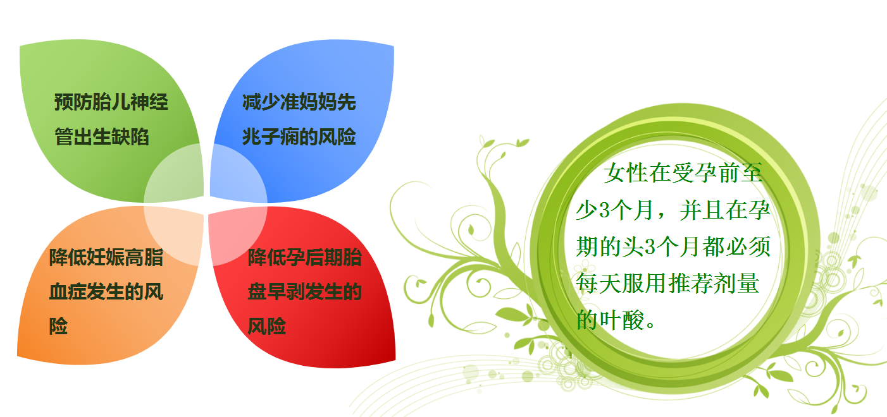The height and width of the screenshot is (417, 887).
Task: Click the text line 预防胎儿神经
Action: (x=111, y=102)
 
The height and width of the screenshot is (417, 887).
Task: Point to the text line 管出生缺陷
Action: (x=102, y=137)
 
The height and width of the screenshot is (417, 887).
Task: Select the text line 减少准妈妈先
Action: (x=299, y=102)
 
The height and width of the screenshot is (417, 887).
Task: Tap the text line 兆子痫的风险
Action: (x=299, y=137)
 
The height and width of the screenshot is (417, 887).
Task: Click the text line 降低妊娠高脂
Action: (x=106, y=257)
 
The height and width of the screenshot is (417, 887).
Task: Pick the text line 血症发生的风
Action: (x=106, y=292)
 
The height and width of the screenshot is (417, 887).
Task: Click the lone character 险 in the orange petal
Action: (x=58, y=327)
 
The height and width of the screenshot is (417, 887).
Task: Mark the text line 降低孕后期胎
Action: (x=304, y=257)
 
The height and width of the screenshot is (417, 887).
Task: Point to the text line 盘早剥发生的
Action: (x=304, y=292)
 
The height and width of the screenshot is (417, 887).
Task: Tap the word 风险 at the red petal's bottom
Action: (x=266, y=327)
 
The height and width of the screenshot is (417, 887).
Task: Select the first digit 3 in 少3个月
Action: (x=604, y=210)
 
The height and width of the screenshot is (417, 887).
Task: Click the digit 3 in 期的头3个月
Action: (x=650, y=247)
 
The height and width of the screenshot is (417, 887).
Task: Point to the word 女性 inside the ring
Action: (x=626, y=173)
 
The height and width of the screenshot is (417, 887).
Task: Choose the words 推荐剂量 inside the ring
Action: (x=714, y=283)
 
